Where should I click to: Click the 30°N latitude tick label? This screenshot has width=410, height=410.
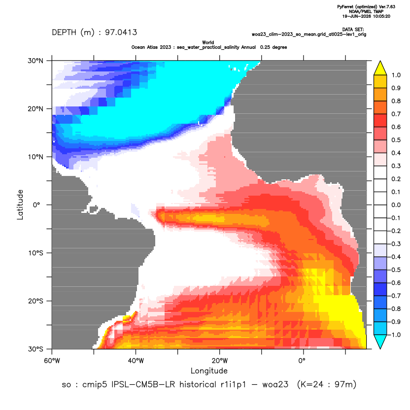pos(35,61)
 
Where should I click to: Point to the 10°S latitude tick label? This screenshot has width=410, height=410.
pos(35,253)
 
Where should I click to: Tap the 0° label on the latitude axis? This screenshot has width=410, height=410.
pos(36,205)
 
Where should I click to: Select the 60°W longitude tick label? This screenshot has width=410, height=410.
pos(52,361)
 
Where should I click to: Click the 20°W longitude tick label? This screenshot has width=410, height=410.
pos(220,361)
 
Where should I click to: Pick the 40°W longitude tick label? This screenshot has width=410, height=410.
pos(136,361)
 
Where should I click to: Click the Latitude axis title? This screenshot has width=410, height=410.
pos(20,205)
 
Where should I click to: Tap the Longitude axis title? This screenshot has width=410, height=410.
pos(209,371)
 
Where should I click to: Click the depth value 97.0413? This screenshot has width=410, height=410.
pos(121,33)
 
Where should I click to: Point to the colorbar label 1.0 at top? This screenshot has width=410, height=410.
pos(396,75)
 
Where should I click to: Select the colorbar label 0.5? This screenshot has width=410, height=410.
pos(396,140)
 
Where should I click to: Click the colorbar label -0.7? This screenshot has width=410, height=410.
pos(395,296)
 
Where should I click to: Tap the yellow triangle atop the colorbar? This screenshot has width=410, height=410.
pos(380,68)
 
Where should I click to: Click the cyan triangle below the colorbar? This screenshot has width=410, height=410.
pos(380,342)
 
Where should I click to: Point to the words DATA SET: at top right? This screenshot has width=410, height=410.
pos(353,30)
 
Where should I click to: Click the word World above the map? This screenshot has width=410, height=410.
pos(208,42)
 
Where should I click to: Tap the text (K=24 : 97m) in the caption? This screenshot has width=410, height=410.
pos(327,385)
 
